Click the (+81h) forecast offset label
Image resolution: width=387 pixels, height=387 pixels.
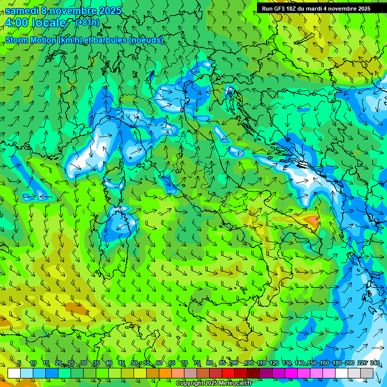87,22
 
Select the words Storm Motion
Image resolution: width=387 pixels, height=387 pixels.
30,40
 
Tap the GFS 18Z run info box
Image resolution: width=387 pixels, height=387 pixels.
316,8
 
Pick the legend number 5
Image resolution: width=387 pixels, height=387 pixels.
19,363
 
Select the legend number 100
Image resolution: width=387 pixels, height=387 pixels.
248,363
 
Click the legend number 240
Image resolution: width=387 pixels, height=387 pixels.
375,363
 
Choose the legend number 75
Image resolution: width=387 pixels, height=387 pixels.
197,363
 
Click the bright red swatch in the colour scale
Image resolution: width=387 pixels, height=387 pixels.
228,373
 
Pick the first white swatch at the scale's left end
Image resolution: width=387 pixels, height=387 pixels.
14,373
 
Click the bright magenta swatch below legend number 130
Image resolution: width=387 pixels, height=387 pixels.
291,373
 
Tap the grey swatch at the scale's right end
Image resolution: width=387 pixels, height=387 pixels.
367,373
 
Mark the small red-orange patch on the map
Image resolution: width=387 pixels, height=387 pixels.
312,220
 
